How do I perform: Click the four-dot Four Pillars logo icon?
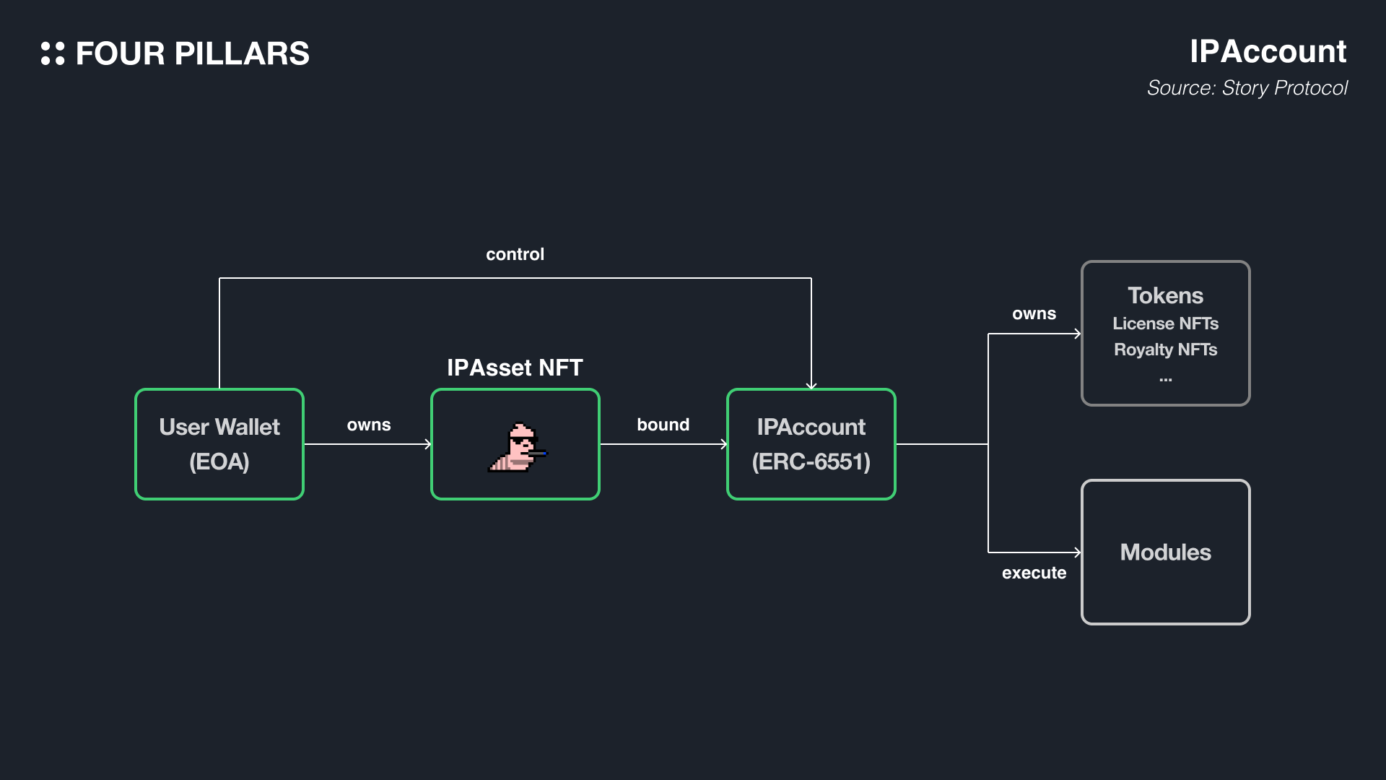(x=53, y=53)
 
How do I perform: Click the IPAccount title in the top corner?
(x=1268, y=51)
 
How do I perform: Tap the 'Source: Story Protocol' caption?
(x=1247, y=88)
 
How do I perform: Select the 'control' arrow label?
(x=515, y=254)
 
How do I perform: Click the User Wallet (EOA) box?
(x=219, y=444)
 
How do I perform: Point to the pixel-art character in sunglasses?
(x=518, y=448)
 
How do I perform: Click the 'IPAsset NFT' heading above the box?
(x=515, y=368)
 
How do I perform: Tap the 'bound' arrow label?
(x=663, y=425)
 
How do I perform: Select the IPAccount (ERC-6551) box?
(x=811, y=444)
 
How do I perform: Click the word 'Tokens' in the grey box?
(x=1165, y=295)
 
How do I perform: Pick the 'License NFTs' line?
(x=1165, y=324)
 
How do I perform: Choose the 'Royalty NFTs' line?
(x=1165, y=350)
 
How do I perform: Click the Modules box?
(x=1165, y=552)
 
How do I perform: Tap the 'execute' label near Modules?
(x=1034, y=573)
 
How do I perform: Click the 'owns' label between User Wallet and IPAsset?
(x=368, y=425)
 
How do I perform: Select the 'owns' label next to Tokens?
(x=1034, y=313)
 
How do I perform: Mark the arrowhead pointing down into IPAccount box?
(x=811, y=386)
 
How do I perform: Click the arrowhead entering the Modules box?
(x=1077, y=552)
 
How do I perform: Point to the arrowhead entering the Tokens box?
(x=1077, y=334)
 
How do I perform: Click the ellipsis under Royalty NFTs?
(x=1165, y=379)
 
